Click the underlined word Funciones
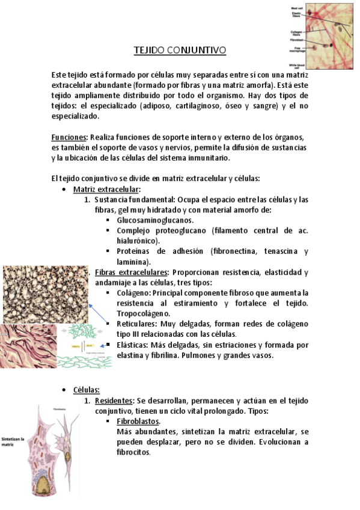[x=69, y=137]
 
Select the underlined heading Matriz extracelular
[x=106, y=189]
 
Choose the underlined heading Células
[x=86, y=390]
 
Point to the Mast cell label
[x=297, y=8]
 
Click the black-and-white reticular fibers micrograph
[x=46, y=295]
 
